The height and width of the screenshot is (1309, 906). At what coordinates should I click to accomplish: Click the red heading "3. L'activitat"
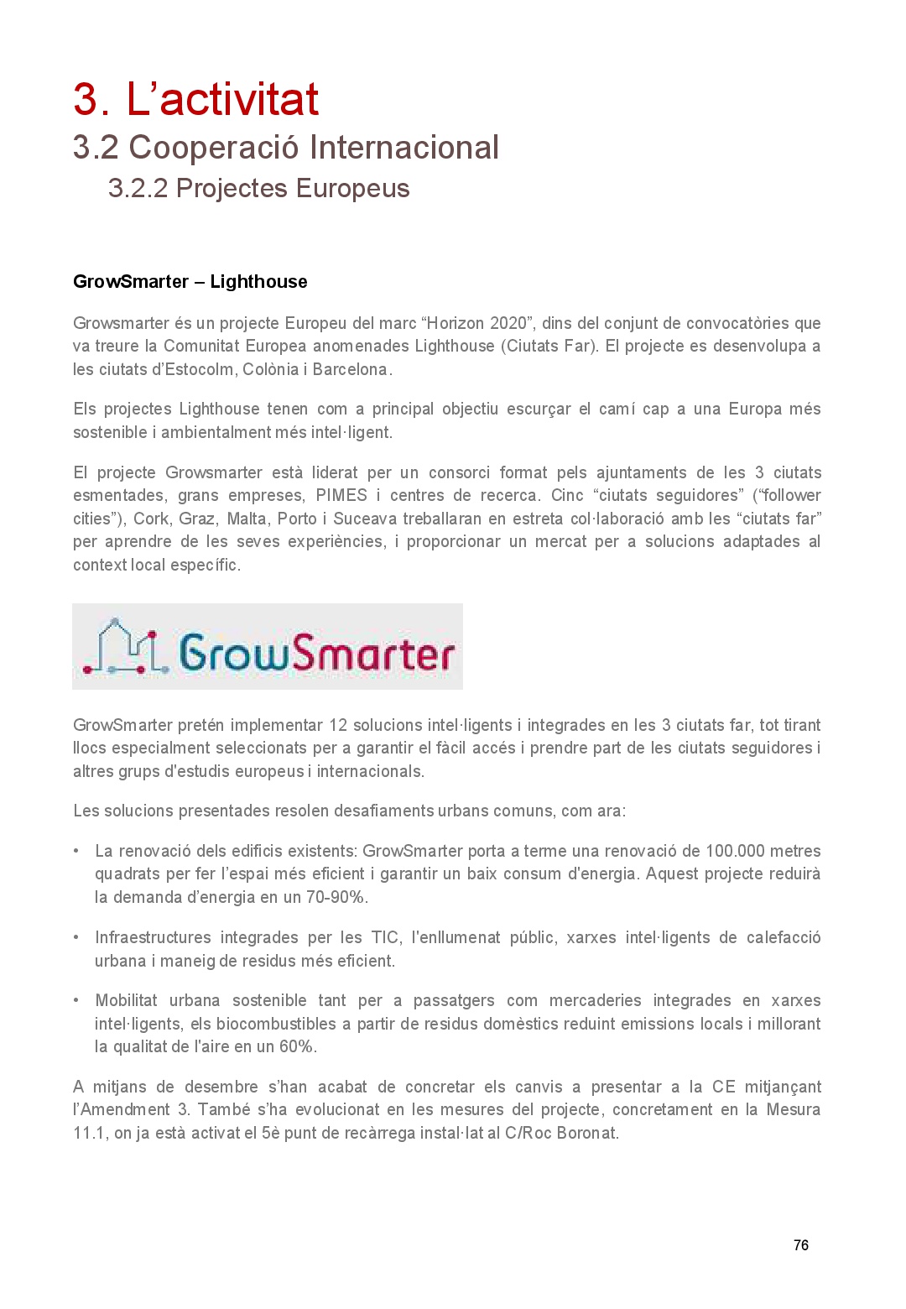[x=195, y=99]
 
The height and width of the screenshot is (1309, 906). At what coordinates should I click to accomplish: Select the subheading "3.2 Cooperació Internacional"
[x=285, y=148]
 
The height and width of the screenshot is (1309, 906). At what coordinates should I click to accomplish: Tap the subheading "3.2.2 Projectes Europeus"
[x=258, y=188]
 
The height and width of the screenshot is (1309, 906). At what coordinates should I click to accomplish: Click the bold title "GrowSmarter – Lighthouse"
[x=190, y=282]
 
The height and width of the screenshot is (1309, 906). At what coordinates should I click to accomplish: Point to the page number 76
[x=800, y=1245]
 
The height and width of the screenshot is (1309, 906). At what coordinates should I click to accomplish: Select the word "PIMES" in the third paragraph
[x=341, y=495]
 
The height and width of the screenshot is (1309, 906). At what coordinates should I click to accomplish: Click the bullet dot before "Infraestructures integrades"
[x=76, y=937]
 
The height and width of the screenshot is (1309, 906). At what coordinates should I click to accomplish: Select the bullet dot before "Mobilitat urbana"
[x=76, y=1000]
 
